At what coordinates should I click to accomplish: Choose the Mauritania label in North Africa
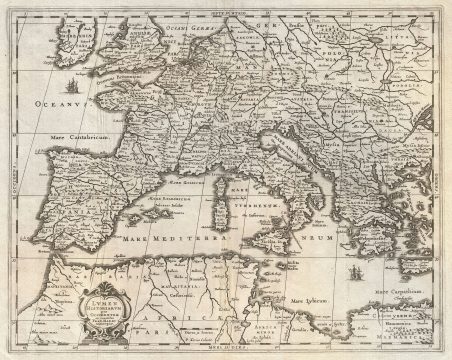coord(140,287)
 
